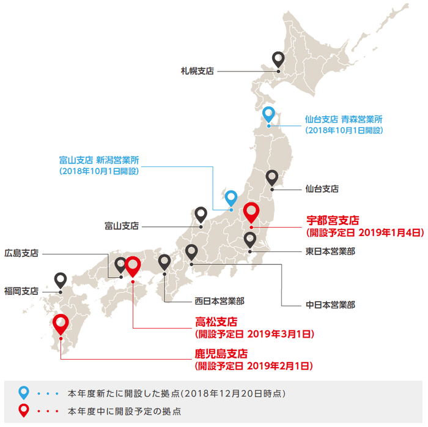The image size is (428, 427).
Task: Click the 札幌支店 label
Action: pos(196,72)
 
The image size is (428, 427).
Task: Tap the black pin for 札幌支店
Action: pos(278,59)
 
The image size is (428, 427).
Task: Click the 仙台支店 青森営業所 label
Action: pos(344,119)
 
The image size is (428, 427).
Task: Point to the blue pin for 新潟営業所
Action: pos(231,198)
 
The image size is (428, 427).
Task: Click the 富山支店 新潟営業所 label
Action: pos(99,160)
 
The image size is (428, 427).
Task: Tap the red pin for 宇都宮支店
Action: pos(251,213)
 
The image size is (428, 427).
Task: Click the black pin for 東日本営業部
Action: pos(250,240)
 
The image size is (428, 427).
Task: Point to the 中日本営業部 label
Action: pos(330,304)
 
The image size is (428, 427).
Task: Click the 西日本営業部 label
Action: pos(220,301)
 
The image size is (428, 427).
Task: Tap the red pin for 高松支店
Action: pos(133,267)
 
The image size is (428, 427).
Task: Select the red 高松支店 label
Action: pos(216,321)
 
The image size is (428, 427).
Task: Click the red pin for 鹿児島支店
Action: pos(60,323)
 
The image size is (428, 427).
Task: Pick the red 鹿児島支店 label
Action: pos(221,354)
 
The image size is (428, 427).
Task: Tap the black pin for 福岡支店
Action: pos(60,280)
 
